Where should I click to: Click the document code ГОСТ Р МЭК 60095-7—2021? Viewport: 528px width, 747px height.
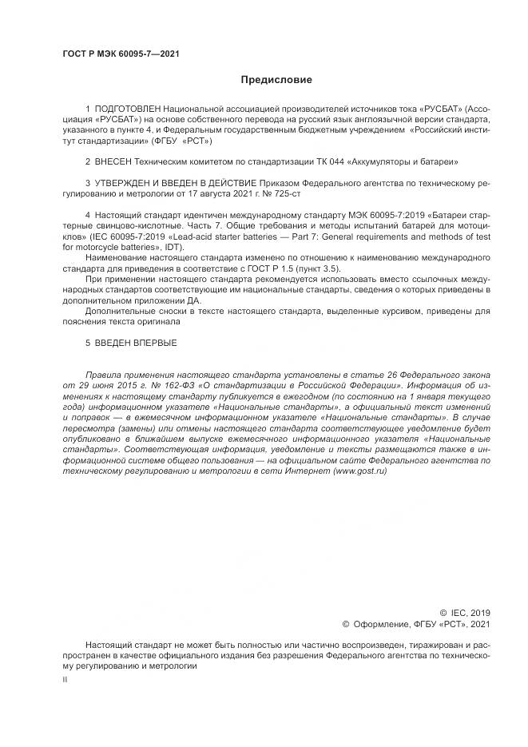pos(120,54)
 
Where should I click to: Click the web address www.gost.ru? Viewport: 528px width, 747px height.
pos(359,472)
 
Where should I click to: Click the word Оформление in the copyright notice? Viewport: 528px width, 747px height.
pos(381,624)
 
